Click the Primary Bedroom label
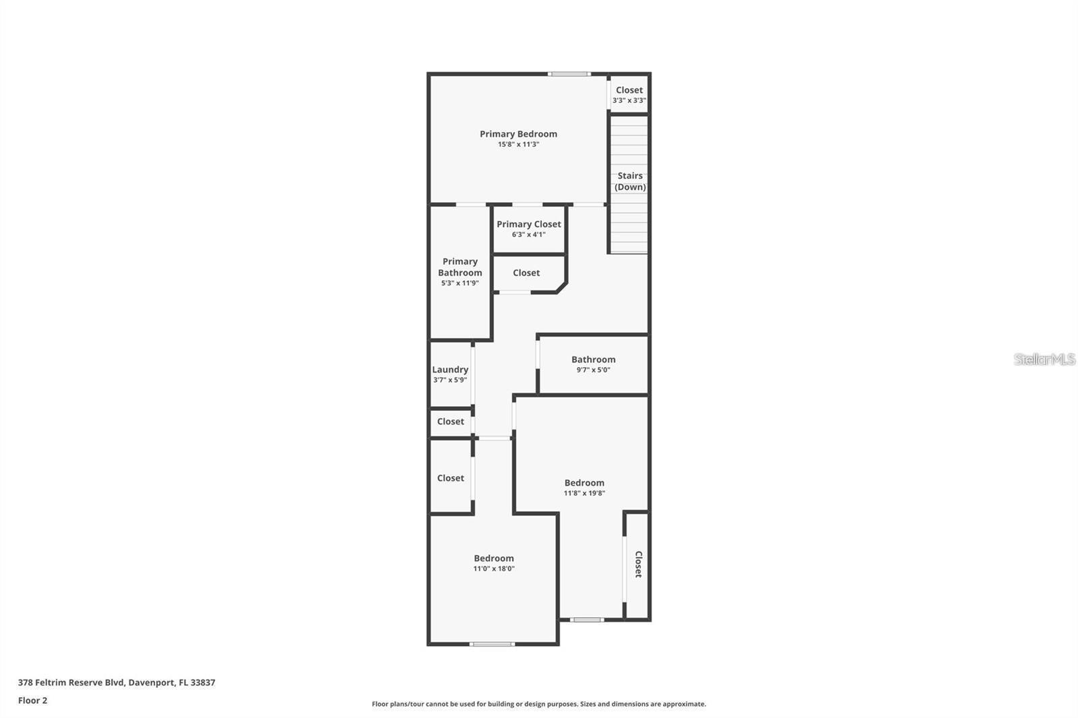[x=518, y=134]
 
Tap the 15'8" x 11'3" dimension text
[x=518, y=144]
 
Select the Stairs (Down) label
[x=630, y=181]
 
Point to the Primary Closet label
[x=528, y=224]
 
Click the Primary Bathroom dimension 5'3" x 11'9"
[x=460, y=283]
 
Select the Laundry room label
[x=450, y=370]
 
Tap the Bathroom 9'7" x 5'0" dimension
[x=593, y=370]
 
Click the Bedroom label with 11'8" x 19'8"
[x=584, y=483]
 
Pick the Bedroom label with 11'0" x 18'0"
[x=493, y=558]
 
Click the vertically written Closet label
[x=638, y=564]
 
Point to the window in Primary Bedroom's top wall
[x=569, y=73]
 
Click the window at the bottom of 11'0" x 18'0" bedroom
[x=492, y=644]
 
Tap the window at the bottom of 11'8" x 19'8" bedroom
[x=587, y=620]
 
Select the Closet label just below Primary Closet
[x=526, y=273]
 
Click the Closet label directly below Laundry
[x=450, y=422]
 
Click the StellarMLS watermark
[x=1044, y=359]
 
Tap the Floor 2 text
[x=32, y=700]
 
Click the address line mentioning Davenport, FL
[x=117, y=682]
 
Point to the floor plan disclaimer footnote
[x=539, y=704]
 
